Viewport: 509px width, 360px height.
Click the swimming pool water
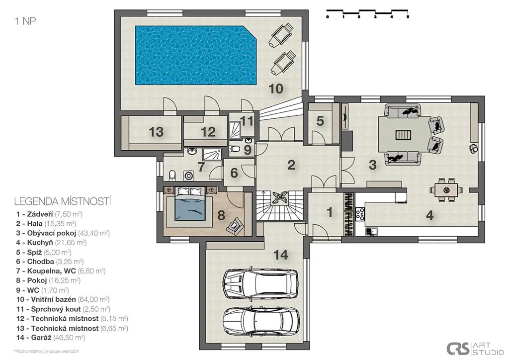196,56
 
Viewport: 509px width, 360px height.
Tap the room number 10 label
276,89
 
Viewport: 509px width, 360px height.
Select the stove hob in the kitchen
360,214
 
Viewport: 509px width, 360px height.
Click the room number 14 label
281,255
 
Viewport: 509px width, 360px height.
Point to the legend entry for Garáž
51,338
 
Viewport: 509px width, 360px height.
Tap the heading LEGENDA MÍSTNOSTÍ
63,201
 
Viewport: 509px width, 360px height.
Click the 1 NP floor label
25,21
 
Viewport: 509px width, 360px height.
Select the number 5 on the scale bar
408,16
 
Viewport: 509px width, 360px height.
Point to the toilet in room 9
234,149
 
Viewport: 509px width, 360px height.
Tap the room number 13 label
156,132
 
